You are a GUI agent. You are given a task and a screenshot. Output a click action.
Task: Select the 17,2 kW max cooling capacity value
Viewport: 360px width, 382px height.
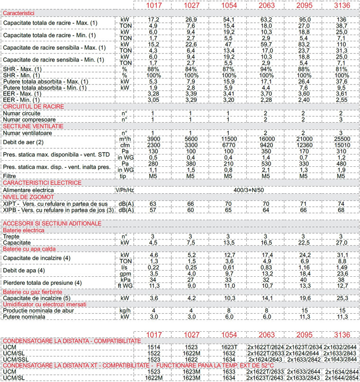pos(152,19)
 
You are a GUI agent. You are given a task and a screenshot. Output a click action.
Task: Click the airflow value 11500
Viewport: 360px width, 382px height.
pos(228,138)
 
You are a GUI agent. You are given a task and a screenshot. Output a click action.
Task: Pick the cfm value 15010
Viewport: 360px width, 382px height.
pos(341,144)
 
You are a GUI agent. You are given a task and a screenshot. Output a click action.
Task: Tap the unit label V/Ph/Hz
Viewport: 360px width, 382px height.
pos(125,190)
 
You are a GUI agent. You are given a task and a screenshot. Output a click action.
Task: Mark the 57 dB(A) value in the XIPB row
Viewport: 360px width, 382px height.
pos(152,209)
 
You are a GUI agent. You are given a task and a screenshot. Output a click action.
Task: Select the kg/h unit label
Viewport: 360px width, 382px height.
pos(125,309)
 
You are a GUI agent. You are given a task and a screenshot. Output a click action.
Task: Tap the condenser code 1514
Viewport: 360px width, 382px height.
pos(152,347)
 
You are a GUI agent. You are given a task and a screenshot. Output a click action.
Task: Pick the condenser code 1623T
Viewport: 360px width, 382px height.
pos(228,347)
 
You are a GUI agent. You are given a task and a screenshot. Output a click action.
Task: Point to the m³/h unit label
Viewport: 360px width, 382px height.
pos(125,138)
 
